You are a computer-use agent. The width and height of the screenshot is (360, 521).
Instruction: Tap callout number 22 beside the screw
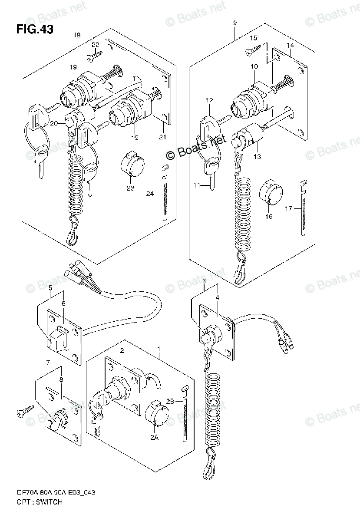(96, 45)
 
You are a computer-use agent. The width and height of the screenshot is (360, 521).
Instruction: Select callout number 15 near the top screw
(253, 39)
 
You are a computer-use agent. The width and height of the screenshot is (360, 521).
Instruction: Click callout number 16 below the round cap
(269, 216)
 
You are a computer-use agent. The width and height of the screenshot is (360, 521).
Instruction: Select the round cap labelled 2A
(155, 413)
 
